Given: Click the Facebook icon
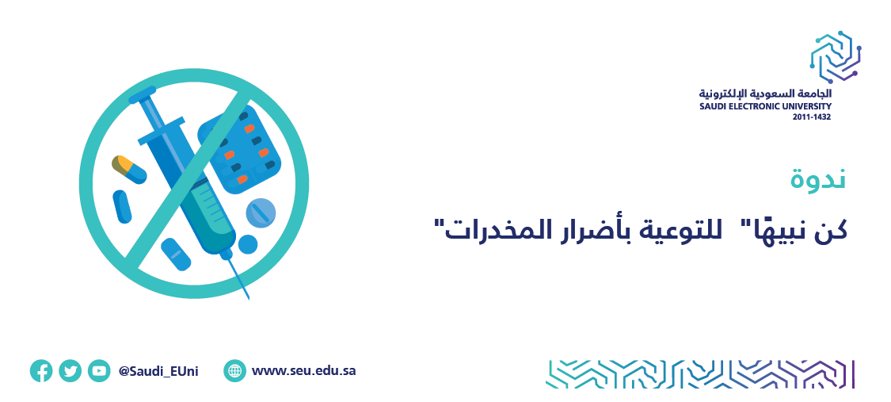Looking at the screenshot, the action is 41,371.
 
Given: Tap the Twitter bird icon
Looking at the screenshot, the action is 70,371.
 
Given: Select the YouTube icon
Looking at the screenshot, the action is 100,371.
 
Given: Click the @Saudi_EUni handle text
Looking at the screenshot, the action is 158,371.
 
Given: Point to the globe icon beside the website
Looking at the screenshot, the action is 234,371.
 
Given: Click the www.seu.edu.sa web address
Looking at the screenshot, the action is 304,371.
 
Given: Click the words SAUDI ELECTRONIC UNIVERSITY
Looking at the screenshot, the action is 765,106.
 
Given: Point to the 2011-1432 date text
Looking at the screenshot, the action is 812,117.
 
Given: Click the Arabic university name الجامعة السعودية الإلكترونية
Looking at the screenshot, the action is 765,94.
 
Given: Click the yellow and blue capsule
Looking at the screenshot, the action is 129,170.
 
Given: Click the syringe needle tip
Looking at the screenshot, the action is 249,297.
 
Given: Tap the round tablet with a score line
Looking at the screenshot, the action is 261,212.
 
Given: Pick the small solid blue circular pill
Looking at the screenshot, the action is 248,244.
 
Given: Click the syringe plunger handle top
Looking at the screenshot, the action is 142,95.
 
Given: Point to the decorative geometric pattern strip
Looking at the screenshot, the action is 701,374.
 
